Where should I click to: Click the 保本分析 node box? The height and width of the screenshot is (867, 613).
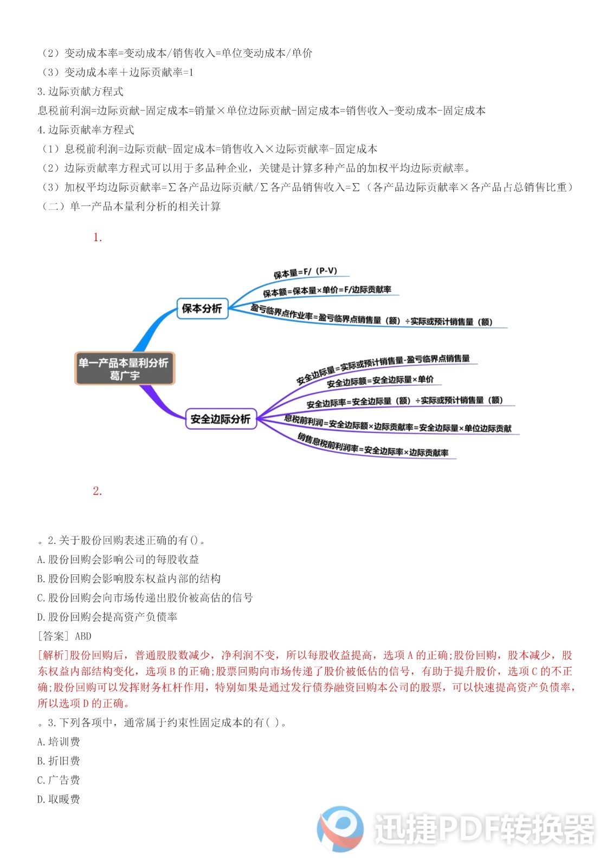[x=202, y=308]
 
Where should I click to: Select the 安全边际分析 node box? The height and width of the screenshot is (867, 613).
[x=221, y=419]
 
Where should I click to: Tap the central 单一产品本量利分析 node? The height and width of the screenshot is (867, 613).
[x=125, y=368]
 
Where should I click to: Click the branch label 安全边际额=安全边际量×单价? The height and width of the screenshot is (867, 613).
[x=380, y=380]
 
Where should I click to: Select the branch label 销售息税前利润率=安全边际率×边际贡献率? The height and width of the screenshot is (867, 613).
[x=373, y=445]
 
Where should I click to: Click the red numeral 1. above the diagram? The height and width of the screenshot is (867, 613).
[x=98, y=237]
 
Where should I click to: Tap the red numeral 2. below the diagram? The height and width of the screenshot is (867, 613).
[x=98, y=491]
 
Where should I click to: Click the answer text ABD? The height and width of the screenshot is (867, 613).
[x=83, y=636]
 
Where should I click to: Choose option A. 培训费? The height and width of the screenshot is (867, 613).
[x=59, y=742]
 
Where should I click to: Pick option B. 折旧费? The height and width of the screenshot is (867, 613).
[x=59, y=761]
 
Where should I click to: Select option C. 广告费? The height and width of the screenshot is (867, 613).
[x=59, y=780]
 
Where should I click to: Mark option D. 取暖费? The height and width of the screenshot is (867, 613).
[x=59, y=799]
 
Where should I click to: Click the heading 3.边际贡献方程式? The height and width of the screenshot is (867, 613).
[x=80, y=92]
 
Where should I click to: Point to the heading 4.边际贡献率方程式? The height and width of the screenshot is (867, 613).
[x=86, y=130]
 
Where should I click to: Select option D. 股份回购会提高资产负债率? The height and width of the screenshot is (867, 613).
[x=107, y=617]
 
